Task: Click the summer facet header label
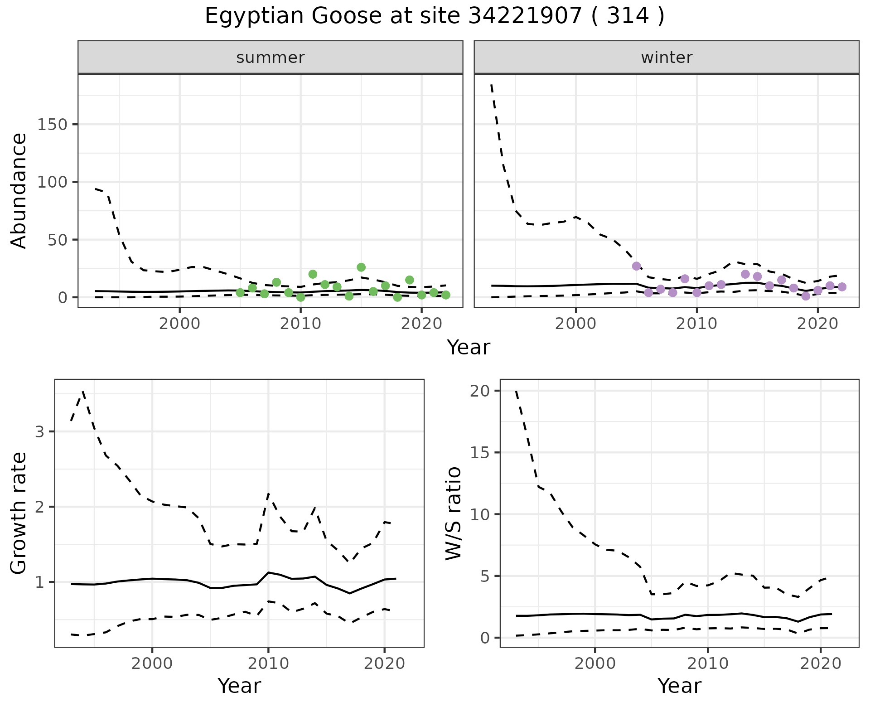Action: tap(271, 58)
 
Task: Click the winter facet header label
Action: tap(667, 58)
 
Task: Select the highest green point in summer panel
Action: tap(361, 267)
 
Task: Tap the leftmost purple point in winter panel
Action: tap(637, 266)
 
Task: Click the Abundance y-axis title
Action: tap(19, 191)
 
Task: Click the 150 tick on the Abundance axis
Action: tap(52, 125)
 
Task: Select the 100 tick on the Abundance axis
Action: tap(52, 182)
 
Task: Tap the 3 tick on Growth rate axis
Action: tap(40, 431)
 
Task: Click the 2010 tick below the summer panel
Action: tap(300, 324)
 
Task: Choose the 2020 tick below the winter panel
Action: tap(818, 324)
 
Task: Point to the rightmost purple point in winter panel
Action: tap(842, 287)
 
